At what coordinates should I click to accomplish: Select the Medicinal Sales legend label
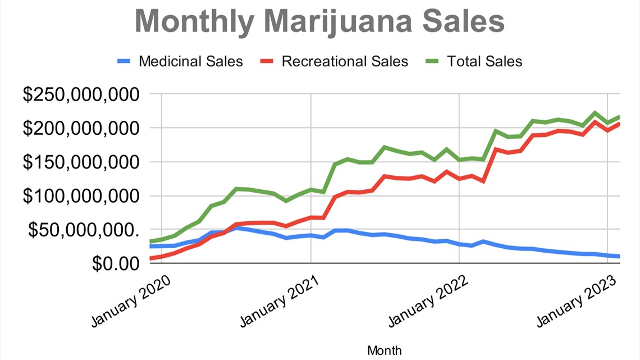click(x=191, y=61)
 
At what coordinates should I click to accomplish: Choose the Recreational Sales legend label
click(x=345, y=61)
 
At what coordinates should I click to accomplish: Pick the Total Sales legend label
click(x=484, y=61)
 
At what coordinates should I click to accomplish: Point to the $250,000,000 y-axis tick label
click(x=80, y=94)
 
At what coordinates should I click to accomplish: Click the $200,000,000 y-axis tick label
click(x=80, y=128)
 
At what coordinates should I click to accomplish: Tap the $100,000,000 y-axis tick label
click(x=80, y=196)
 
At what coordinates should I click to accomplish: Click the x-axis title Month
click(x=385, y=350)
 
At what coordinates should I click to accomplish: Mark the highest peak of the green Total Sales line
click(x=595, y=113)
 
